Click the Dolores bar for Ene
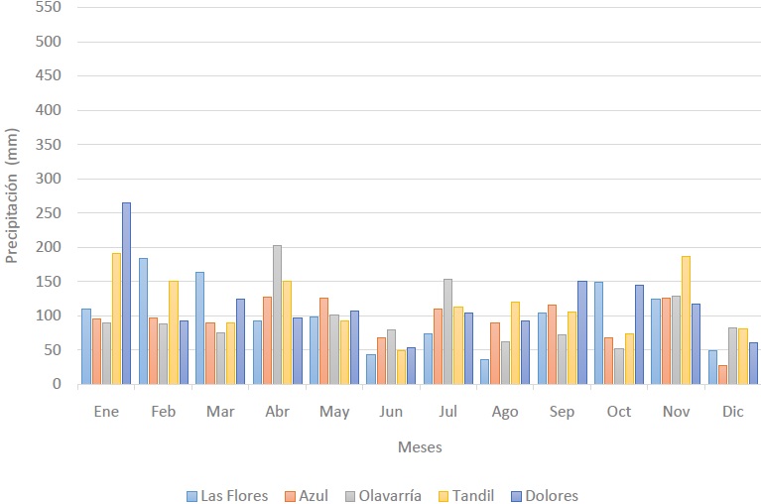click(x=126, y=294)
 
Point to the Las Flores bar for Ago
click(x=485, y=372)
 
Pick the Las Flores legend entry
click(x=227, y=496)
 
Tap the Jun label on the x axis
click(x=391, y=412)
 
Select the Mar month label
click(x=220, y=412)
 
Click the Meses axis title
click(x=420, y=447)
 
